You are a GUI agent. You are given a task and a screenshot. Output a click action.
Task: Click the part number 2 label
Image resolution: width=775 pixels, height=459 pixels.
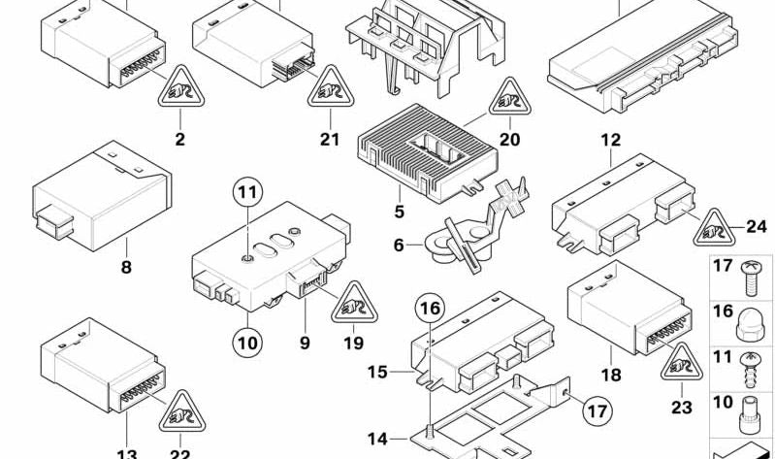(x=179, y=140)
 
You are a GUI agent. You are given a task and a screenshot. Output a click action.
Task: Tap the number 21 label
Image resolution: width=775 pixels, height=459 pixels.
(x=330, y=140)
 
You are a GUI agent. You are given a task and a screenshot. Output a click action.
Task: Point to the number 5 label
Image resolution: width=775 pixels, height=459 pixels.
(x=399, y=210)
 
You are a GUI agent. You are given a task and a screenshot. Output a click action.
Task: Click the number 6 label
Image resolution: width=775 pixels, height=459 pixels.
(x=399, y=246)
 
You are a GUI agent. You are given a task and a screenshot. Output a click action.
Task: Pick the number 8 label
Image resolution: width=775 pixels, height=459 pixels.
(x=126, y=267)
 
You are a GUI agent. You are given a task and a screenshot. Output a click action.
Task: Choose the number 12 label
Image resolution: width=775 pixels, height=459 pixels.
(x=610, y=140)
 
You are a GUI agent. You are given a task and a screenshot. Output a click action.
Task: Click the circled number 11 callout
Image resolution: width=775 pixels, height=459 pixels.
(x=246, y=190)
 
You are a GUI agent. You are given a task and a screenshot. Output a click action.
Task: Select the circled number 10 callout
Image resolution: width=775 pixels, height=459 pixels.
(x=246, y=342)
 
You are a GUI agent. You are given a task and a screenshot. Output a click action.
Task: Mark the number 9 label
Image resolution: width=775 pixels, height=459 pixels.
(x=304, y=342)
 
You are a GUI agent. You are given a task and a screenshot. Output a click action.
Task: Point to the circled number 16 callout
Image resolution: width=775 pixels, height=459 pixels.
(x=430, y=311)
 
